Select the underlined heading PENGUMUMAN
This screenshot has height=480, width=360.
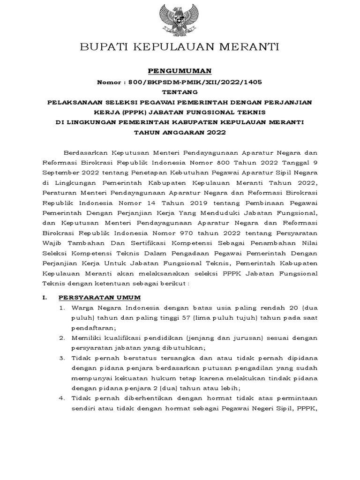click(x=180, y=71)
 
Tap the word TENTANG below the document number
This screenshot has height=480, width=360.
click(x=180, y=91)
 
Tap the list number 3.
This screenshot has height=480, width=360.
click(x=61, y=358)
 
